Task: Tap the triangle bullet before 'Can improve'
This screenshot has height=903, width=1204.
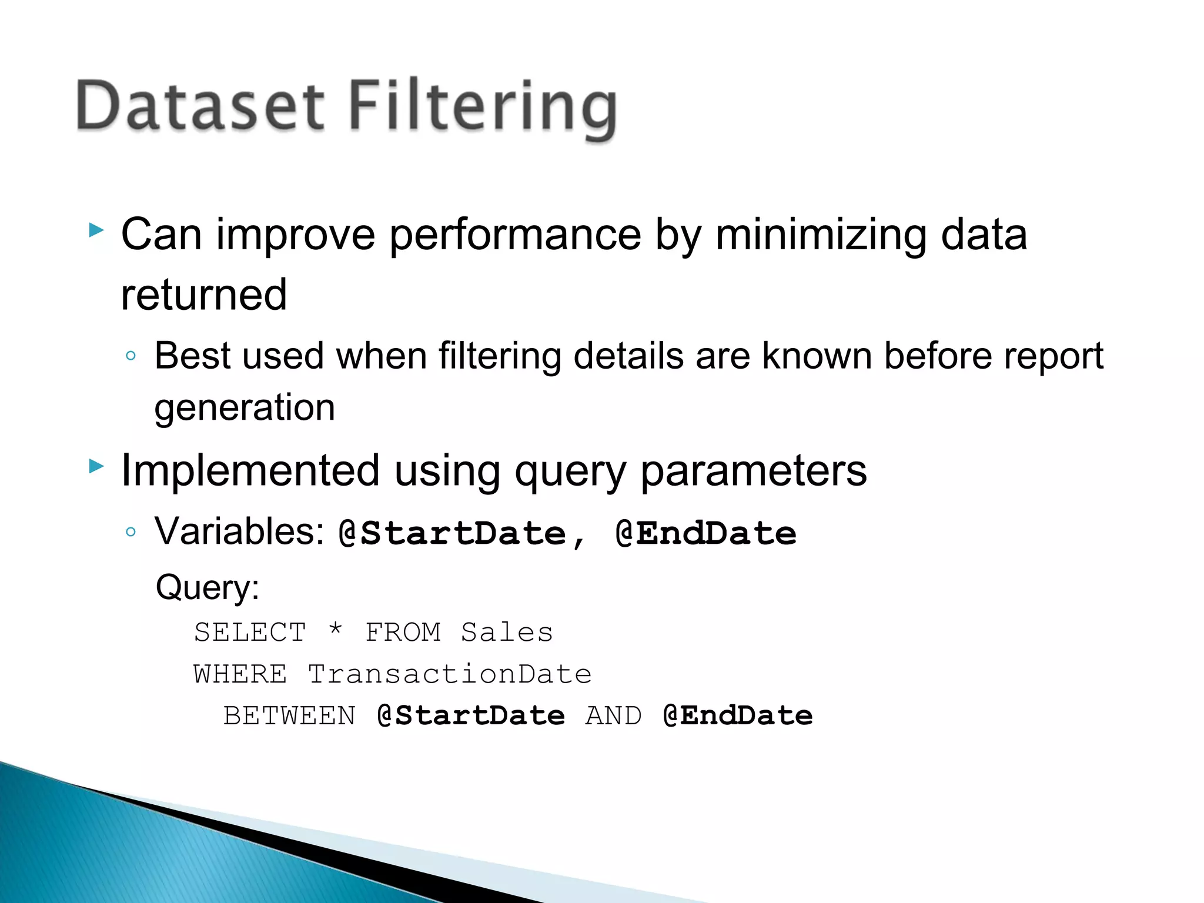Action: click(96, 230)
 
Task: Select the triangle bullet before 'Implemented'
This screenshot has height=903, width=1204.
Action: click(96, 467)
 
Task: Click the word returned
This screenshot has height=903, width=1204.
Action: click(203, 295)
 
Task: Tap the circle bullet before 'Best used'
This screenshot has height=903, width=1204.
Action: click(131, 356)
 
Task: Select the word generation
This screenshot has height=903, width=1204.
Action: click(245, 408)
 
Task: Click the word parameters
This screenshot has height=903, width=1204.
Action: click(753, 472)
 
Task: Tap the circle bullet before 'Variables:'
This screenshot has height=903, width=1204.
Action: click(131, 532)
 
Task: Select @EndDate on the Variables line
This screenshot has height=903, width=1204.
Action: click(705, 534)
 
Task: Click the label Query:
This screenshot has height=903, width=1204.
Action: click(208, 587)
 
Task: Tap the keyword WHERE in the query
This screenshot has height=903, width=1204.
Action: click(240, 674)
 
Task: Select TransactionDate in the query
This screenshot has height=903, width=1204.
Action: click(450, 674)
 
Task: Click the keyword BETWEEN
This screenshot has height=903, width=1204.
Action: click(289, 716)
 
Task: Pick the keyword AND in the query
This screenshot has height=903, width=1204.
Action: click(613, 716)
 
